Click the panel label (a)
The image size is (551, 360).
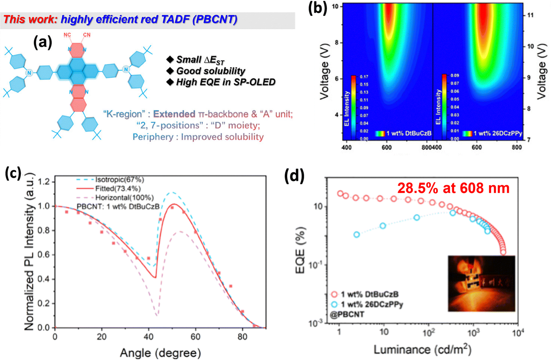tap(43, 43)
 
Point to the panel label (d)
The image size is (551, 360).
tap(294, 176)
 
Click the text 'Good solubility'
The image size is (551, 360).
tap(211, 71)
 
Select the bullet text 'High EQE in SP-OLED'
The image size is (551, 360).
tap(226, 82)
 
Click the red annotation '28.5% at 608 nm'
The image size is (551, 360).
tap(453, 188)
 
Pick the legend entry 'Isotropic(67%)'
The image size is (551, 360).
tap(120, 180)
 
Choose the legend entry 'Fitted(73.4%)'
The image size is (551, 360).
tap(118, 189)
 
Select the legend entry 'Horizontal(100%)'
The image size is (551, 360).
tap(124, 198)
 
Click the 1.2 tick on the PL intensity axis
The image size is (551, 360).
tap(45, 182)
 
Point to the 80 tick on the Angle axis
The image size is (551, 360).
tap(243, 337)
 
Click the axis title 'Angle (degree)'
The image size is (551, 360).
tap(160, 353)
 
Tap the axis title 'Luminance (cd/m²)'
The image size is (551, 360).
tap(422, 350)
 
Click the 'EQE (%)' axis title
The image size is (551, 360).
tap(301, 250)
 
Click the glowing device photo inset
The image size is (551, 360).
tap(481, 283)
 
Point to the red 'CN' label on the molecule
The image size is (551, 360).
tap(87, 35)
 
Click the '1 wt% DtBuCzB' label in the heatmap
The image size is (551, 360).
tap(409, 134)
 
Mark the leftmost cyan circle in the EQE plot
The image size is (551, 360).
tap(357, 234)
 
